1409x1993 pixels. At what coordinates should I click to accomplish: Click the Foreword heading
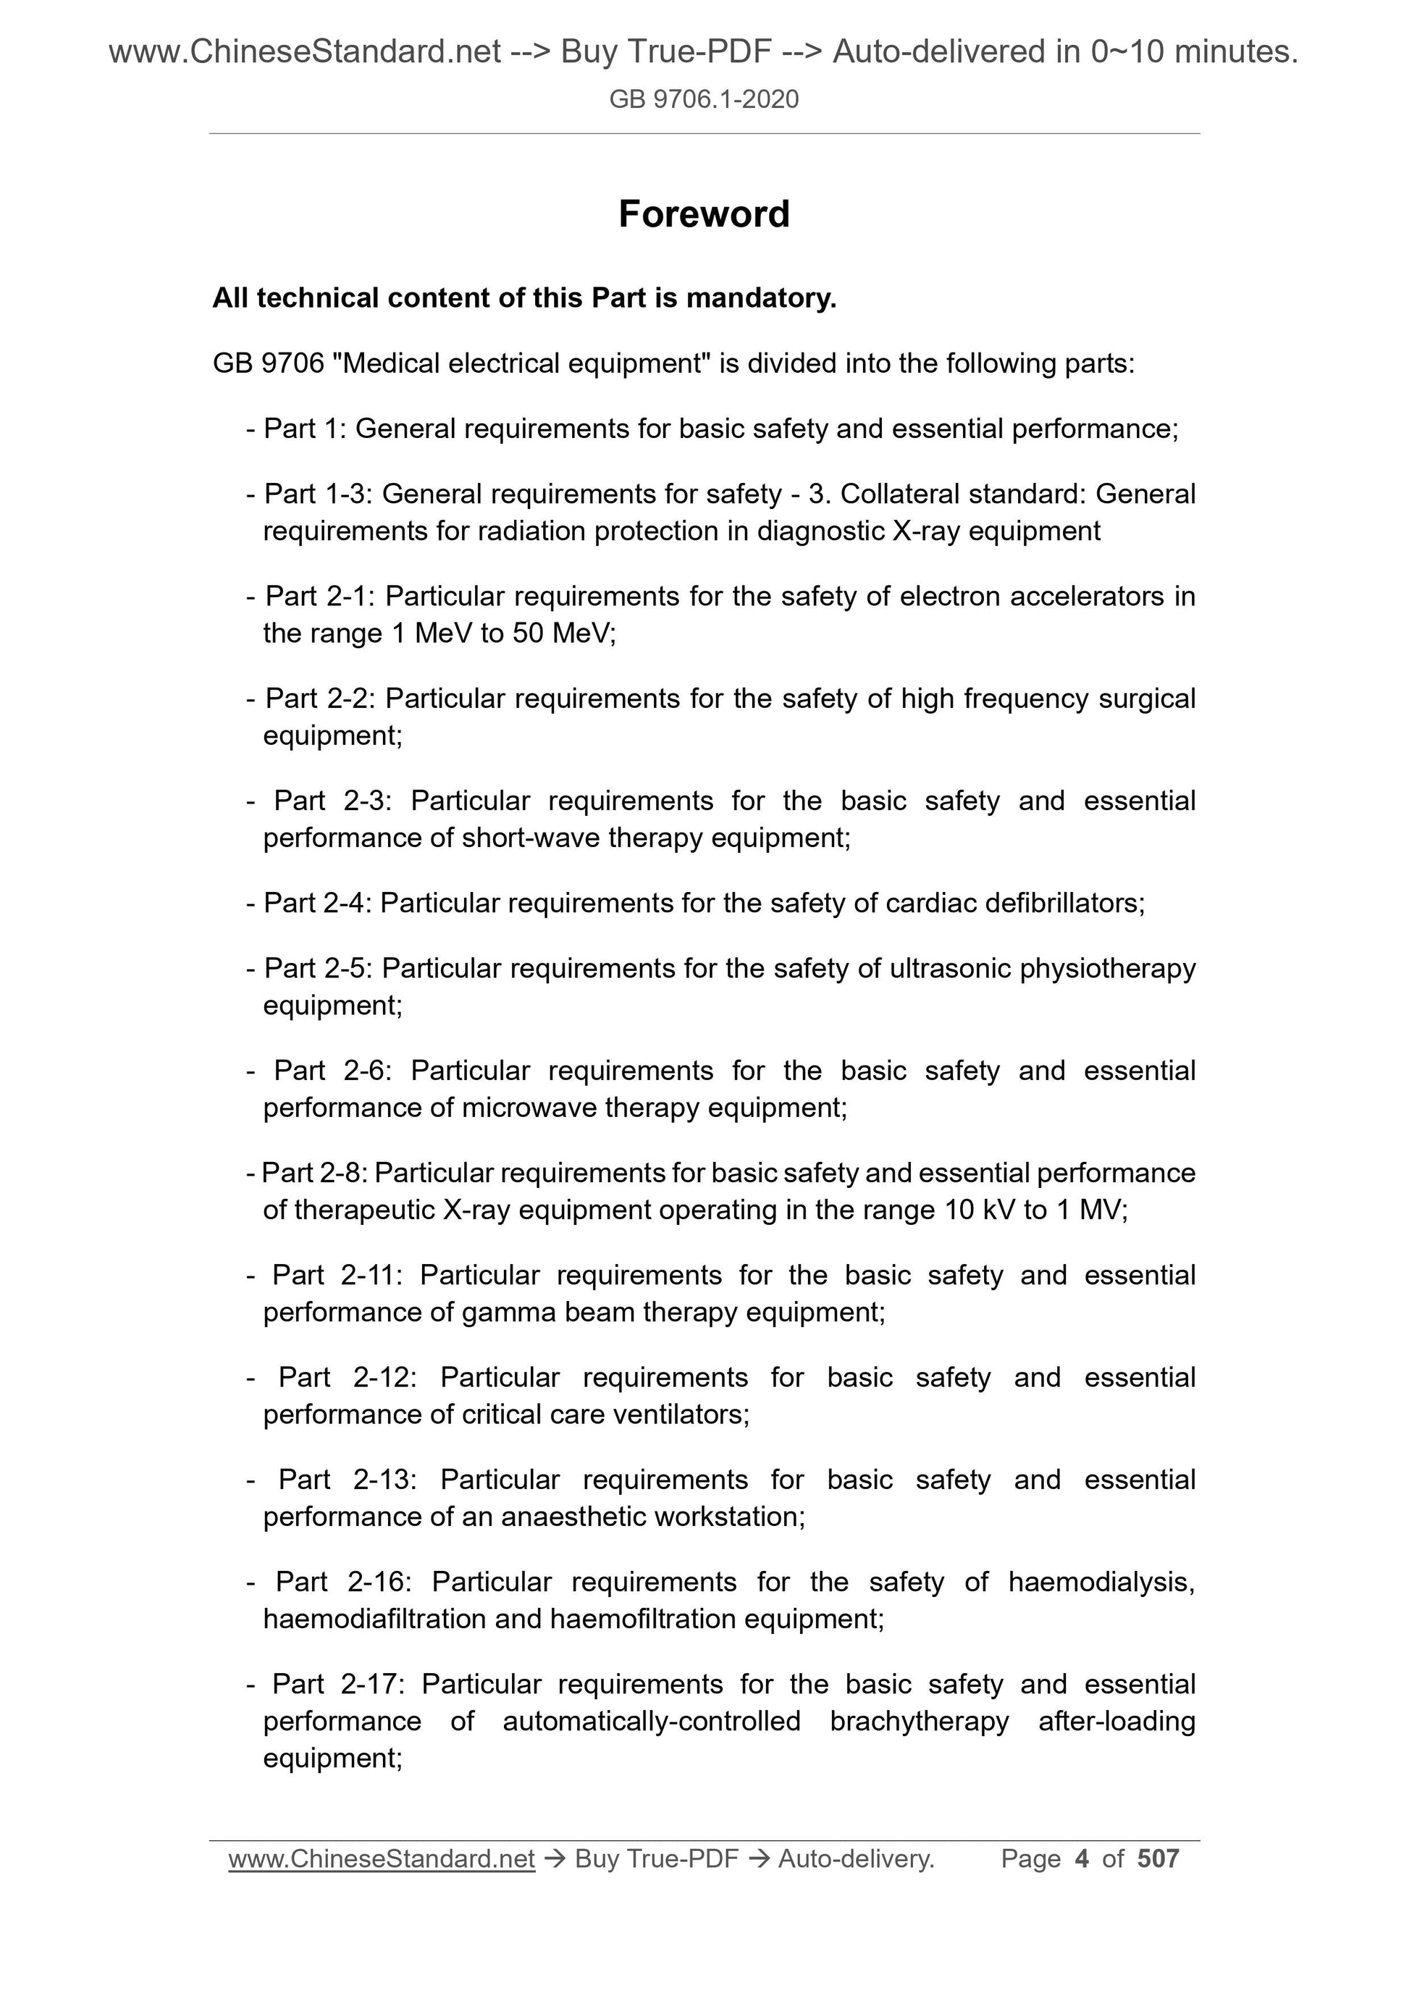point(703,214)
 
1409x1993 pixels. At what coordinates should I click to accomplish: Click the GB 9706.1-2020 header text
point(703,100)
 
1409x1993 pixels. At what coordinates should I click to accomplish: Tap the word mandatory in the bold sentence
point(760,298)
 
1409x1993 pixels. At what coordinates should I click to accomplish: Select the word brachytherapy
point(920,1722)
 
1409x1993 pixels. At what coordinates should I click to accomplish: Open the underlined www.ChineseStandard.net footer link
point(381,1858)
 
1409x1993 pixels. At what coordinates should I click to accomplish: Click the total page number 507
point(1158,1858)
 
